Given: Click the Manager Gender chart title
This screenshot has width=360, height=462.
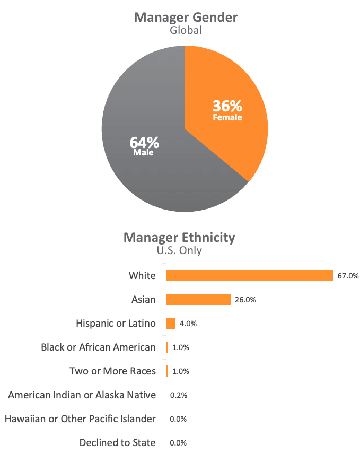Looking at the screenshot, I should [186, 17].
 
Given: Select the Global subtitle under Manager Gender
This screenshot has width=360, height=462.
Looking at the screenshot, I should [186, 30].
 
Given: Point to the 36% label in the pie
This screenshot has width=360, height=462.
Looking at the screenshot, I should [227, 106].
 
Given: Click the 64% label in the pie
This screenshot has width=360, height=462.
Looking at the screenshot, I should [144, 143].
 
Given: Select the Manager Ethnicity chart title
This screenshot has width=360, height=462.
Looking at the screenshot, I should [179, 237].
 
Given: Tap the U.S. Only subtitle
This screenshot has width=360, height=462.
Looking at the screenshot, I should [179, 250].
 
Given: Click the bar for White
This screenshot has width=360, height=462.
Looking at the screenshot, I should [250, 275].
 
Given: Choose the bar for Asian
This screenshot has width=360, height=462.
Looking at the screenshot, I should [198, 299].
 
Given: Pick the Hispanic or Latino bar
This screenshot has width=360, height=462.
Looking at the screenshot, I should [171, 323].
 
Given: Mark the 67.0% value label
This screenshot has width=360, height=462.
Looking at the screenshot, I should [348, 276].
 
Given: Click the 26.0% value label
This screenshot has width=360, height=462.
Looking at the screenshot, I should [245, 300].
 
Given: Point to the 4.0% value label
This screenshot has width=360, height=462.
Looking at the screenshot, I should [188, 324].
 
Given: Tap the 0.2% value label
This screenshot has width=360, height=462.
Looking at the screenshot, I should [179, 395].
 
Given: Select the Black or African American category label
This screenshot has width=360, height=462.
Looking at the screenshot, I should [98, 347].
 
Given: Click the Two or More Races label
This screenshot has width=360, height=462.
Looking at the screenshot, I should [112, 371].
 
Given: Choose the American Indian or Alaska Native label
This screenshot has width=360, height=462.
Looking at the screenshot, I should [82, 395].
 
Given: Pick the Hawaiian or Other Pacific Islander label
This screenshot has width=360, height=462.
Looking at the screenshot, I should [80, 419].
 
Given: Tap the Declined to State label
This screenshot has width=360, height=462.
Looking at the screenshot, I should [118, 442].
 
